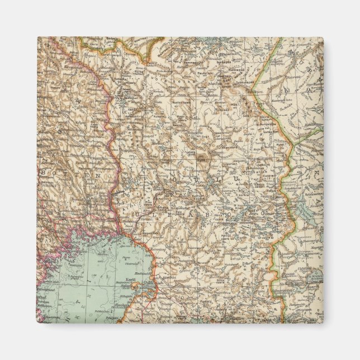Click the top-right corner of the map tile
323,38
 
